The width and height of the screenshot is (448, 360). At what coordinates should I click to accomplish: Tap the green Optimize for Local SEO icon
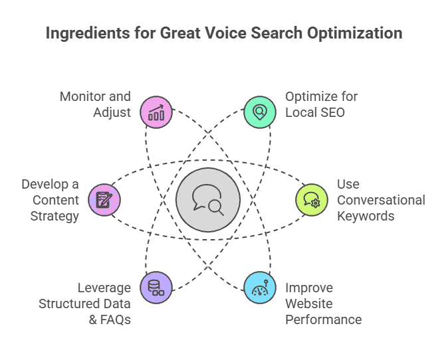(x=260, y=112)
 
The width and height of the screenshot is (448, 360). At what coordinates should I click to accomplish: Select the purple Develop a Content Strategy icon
(x=104, y=200)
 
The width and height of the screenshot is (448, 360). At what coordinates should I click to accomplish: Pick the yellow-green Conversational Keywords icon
(x=312, y=200)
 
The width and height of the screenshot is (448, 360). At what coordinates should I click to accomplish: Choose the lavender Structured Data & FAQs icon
(x=156, y=288)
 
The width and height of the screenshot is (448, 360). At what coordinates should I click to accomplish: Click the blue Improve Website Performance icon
(x=260, y=288)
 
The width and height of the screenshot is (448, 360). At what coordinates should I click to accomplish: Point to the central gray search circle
(x=208, y=200)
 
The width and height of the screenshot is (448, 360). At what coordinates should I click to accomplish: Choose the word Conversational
(x=381, y=200)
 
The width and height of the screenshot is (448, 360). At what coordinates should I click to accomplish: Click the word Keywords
(x=366, y=216)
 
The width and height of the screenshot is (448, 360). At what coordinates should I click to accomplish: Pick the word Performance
(x=324, y=319)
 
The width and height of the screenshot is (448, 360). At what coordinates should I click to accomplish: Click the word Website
(x=310, y=304)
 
